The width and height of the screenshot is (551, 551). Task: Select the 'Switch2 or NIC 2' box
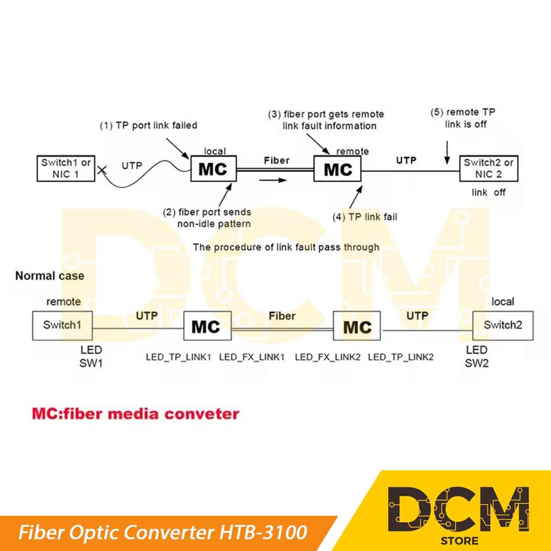point(489,168)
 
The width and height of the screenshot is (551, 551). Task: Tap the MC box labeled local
point(213,169)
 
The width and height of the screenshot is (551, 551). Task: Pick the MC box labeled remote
point(338,169)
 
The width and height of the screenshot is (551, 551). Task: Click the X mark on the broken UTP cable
point(101,172)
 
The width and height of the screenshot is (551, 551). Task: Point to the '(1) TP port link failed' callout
point(149,125)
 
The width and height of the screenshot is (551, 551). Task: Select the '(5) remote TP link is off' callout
point(463,118)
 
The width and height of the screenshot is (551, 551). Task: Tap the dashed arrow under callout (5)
point(447,152)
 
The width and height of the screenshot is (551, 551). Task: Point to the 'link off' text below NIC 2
point(488,192)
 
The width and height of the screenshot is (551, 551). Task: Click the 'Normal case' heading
point(50,276)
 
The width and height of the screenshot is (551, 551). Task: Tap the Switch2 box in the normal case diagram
point(503,325)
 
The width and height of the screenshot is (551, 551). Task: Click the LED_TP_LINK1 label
point(178,357)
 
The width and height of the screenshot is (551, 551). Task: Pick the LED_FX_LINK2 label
point(327,357)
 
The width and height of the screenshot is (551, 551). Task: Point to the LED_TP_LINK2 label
point(401,357)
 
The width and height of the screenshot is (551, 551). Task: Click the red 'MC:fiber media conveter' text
point(136,414)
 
